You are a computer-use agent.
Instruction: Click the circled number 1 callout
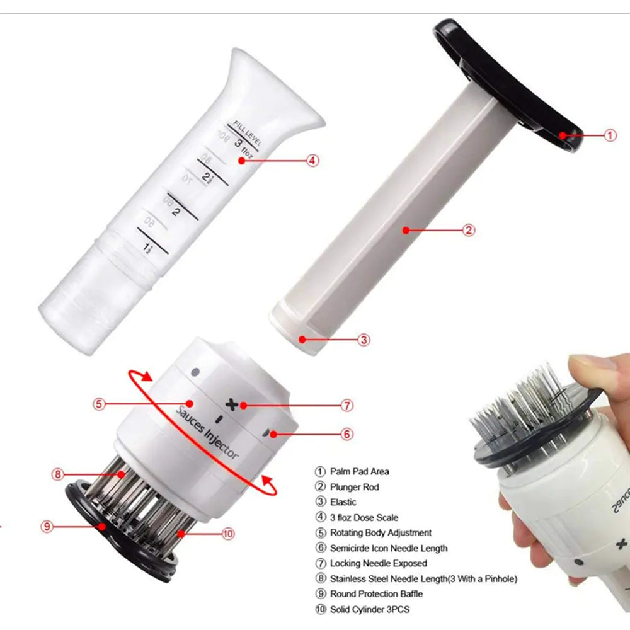[610, 134]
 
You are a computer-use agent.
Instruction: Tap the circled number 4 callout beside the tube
[312, 160]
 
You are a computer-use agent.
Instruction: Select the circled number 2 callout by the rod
[469, 230]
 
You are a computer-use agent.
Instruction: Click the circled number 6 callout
[347, 433]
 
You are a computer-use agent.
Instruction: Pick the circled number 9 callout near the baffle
[47, 526]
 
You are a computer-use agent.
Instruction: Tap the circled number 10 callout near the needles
[228, 533]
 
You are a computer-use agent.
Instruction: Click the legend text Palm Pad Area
[359, 471]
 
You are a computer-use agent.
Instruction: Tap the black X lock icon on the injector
[234, 404]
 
